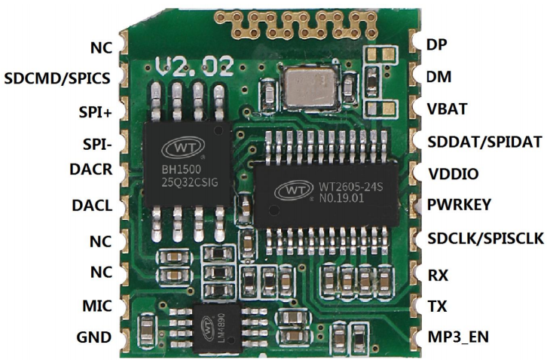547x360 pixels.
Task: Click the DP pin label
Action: click(436, 44)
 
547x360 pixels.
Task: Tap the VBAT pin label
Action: click(447, 109)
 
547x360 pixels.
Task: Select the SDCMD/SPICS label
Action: click(57, 78)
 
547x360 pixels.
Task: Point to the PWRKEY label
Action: click(459, 205)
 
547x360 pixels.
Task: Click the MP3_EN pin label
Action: click(458, 337)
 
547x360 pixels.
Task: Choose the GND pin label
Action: click(94, 337)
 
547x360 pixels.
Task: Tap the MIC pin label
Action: click(97, 306)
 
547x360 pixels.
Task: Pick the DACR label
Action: click(91, 169)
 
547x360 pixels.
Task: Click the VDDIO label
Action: click(453, 174)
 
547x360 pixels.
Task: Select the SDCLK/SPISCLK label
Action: click(486, 239)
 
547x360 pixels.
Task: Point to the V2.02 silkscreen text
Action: click(194, 66)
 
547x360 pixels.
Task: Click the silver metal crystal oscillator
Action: click(311, 87)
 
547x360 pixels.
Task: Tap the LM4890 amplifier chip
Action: click(217, 328)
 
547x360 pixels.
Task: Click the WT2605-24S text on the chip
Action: click(351, 187)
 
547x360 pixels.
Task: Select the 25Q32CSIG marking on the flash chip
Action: click(190, 182)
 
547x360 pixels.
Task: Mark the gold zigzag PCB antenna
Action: click(297, 23)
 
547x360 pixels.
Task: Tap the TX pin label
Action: click(437, 307)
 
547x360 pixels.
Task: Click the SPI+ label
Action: click(95, 113)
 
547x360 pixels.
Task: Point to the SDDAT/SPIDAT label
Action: click(484, 142)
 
